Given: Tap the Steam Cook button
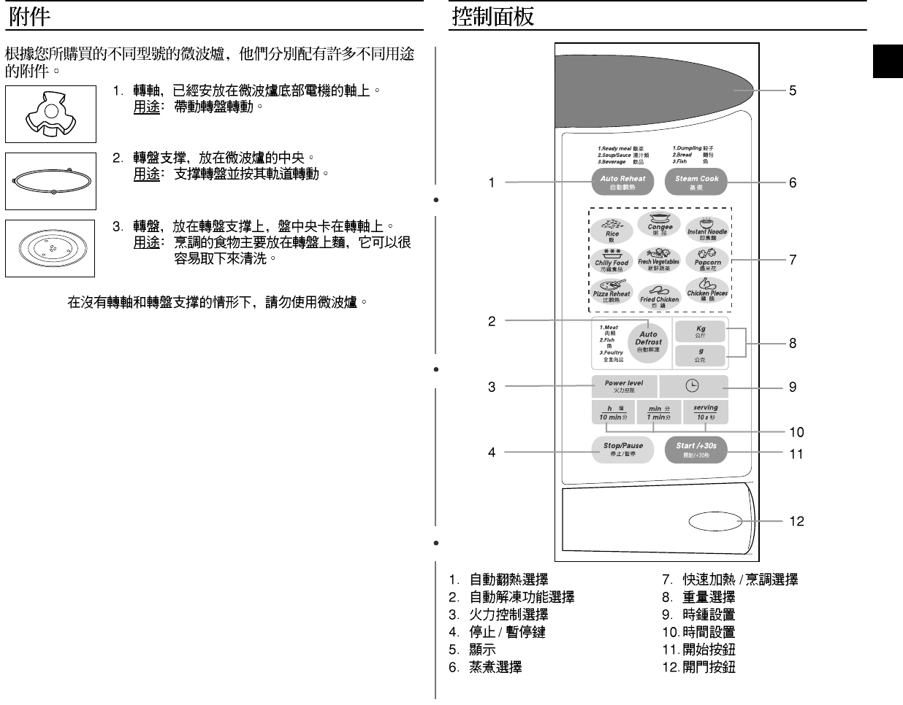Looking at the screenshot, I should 696,182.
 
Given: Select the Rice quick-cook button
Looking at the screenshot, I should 612,229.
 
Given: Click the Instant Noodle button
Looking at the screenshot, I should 707,228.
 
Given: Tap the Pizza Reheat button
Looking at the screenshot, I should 611,291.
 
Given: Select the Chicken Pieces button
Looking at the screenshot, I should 707,290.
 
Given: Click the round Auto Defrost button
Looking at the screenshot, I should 648,340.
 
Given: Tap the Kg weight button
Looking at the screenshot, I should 700,331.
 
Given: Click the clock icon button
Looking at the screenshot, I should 693,386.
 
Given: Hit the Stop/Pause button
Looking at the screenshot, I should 623,449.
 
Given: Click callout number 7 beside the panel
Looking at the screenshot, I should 792,259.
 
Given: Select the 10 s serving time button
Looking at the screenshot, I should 705,412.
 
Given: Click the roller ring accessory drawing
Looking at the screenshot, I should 50,181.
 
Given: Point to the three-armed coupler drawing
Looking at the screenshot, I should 50,114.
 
